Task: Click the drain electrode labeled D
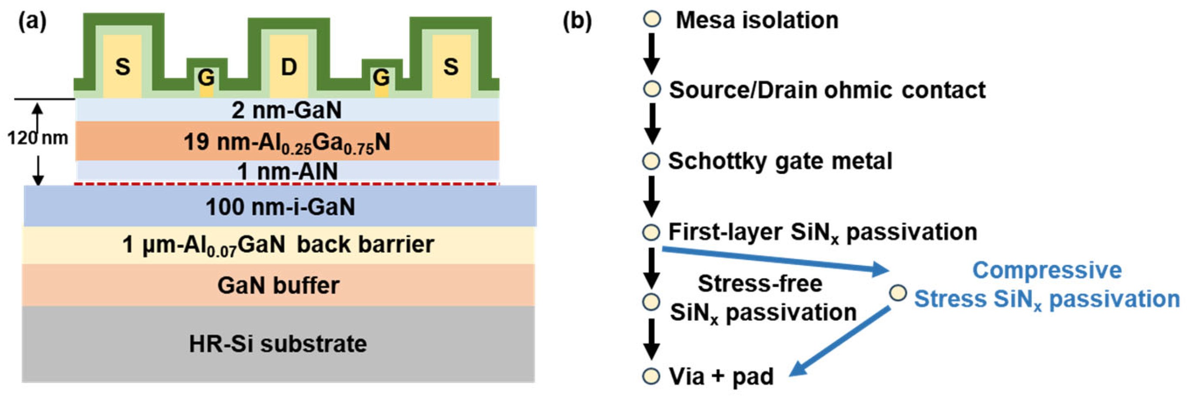point(288,67)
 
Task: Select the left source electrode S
point(122,67)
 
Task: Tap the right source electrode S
point(450,67)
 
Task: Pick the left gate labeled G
point(206,78)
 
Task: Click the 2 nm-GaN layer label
point(287,110)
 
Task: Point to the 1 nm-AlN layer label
point(287,171)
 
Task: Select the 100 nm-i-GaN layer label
point(280,207)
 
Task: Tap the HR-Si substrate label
point(278,344)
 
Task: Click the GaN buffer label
point(278,285)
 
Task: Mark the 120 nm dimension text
point(38,137)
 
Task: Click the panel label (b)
point(577,21)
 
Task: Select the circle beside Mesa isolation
point(652,20)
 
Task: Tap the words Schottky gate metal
point(780,161)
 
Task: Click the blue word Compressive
point(1047,270)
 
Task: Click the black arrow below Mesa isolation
point(652,54)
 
